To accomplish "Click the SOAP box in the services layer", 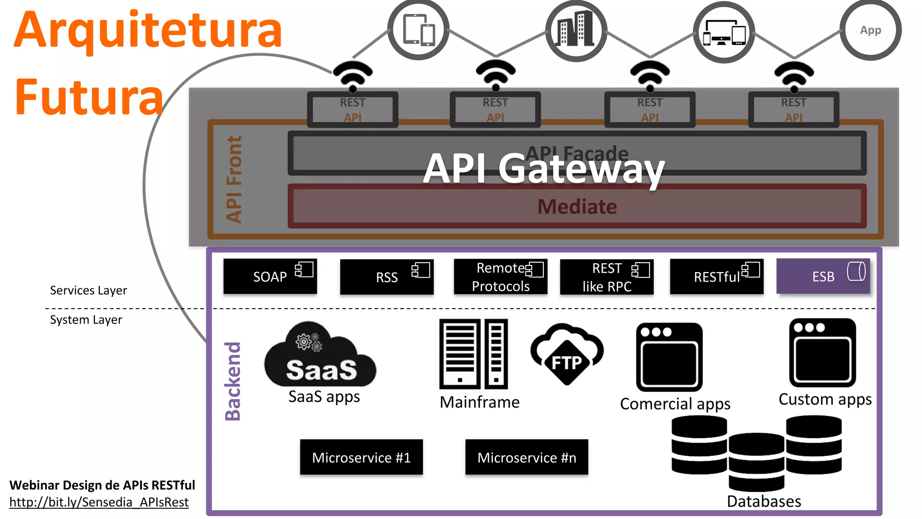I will pos(270,276).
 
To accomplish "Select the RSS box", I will pos(387,277).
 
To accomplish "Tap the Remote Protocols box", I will pos(501,277).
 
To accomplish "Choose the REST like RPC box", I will pos(606,277).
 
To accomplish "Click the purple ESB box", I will pos(823,276).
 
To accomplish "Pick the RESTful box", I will pos(717,277).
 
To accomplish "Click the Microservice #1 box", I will pos(362,457).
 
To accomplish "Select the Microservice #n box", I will pos(527,457).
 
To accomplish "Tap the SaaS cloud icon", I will pos(321,356).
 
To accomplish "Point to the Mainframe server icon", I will pos(474,354).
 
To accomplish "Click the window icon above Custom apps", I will pos(823,353).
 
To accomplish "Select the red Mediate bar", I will pos(577,206).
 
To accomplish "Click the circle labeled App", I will pos(870,30).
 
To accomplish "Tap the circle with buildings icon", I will pos(576,30).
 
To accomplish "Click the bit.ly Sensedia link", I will pos(99,502).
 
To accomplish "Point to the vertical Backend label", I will pos(233,381).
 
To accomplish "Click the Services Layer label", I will pos(88,290).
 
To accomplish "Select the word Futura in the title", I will pos(89,97).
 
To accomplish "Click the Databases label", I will pos(764,501).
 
